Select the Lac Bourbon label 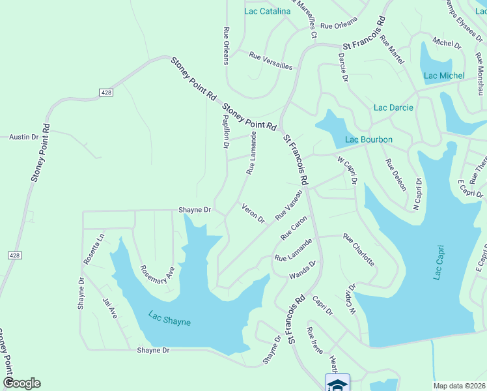369,139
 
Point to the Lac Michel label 444,76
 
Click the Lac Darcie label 393,108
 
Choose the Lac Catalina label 267,11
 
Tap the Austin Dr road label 23,137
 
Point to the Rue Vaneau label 290,205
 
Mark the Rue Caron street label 294,227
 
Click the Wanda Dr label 303,268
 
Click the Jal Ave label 109,308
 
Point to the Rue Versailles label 271,61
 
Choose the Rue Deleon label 396,174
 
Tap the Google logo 21,383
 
